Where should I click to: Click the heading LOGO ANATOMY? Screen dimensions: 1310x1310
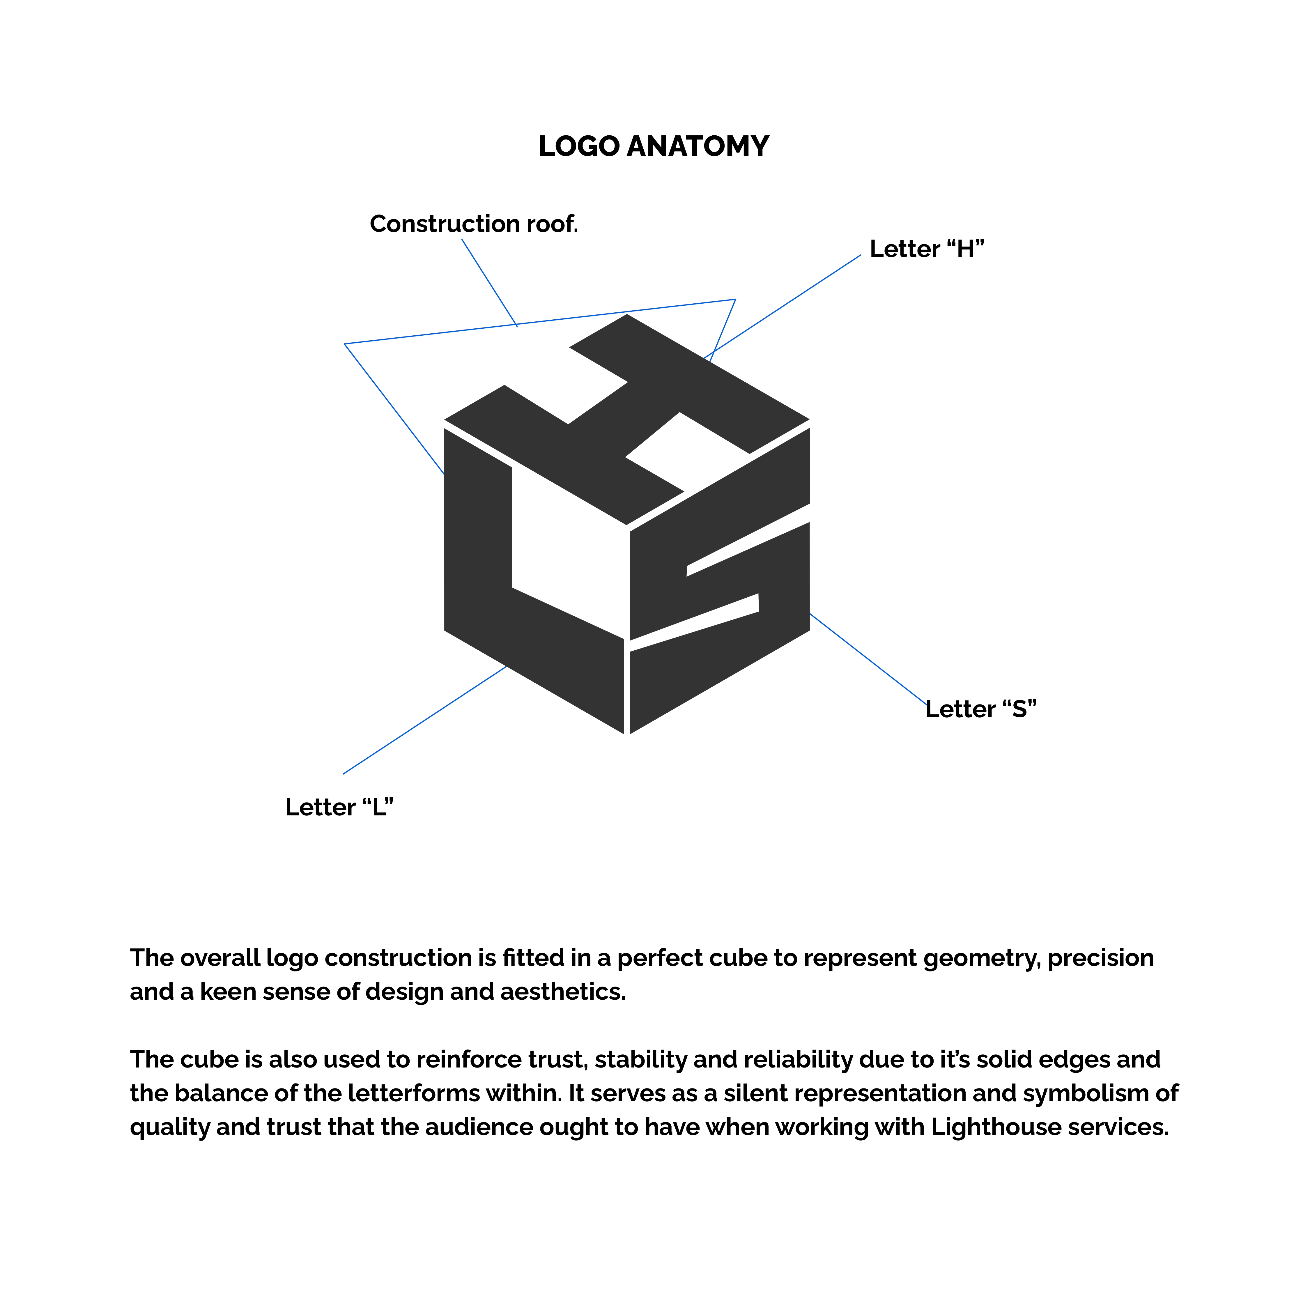[x=654, y=146]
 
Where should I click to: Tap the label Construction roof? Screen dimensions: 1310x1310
[x=474, y=224]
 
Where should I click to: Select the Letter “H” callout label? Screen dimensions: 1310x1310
[x=926, y=249]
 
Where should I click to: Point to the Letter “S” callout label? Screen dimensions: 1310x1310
[x=981, y=709]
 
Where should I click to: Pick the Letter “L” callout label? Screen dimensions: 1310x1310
[x=339, y=807]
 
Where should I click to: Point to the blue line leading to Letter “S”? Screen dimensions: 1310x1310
[x=868, y=659]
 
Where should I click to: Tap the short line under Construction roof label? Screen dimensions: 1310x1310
[x=490, y=283]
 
